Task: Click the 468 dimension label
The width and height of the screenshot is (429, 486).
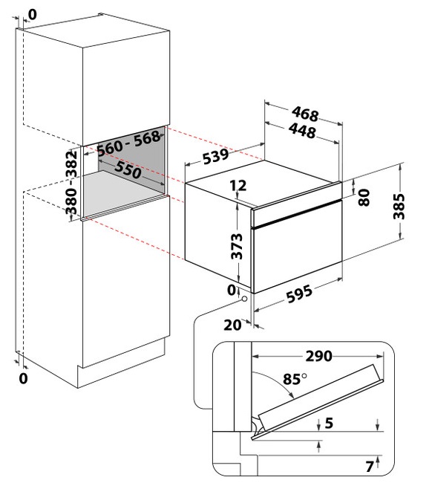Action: click(305, 114)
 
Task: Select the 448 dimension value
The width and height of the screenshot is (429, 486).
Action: click(302, 131)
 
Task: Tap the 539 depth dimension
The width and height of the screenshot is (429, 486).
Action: click(216, 156)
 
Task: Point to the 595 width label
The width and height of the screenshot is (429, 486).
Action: click(299, 294)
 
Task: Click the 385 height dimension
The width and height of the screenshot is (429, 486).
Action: click(399, 207)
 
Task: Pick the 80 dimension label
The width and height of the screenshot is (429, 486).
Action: click(364, 198)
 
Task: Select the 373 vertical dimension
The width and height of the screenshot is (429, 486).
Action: click(237, 247)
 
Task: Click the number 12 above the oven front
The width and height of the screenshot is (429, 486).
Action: click(238, 185)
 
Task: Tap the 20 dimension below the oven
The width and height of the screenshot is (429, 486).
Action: click(232, 325)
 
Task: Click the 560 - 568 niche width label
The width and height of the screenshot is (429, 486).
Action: click(128, 143)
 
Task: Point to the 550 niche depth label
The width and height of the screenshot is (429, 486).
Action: click(128, 170)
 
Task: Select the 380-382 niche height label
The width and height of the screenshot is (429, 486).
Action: click(71, 183)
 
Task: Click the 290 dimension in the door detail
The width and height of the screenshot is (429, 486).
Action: click(319, 356)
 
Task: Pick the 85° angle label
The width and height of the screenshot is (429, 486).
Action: click(295, 379)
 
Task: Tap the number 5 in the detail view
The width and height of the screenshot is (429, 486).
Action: click(329, 423)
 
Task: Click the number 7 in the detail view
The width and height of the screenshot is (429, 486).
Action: click(370, 467)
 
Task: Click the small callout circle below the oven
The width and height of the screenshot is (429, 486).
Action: click(244, 299)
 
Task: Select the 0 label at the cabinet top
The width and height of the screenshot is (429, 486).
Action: click(32, 14)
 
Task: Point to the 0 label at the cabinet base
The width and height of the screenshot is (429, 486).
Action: click(24, 378)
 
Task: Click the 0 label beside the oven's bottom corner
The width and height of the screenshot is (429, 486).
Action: click(232, 290)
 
